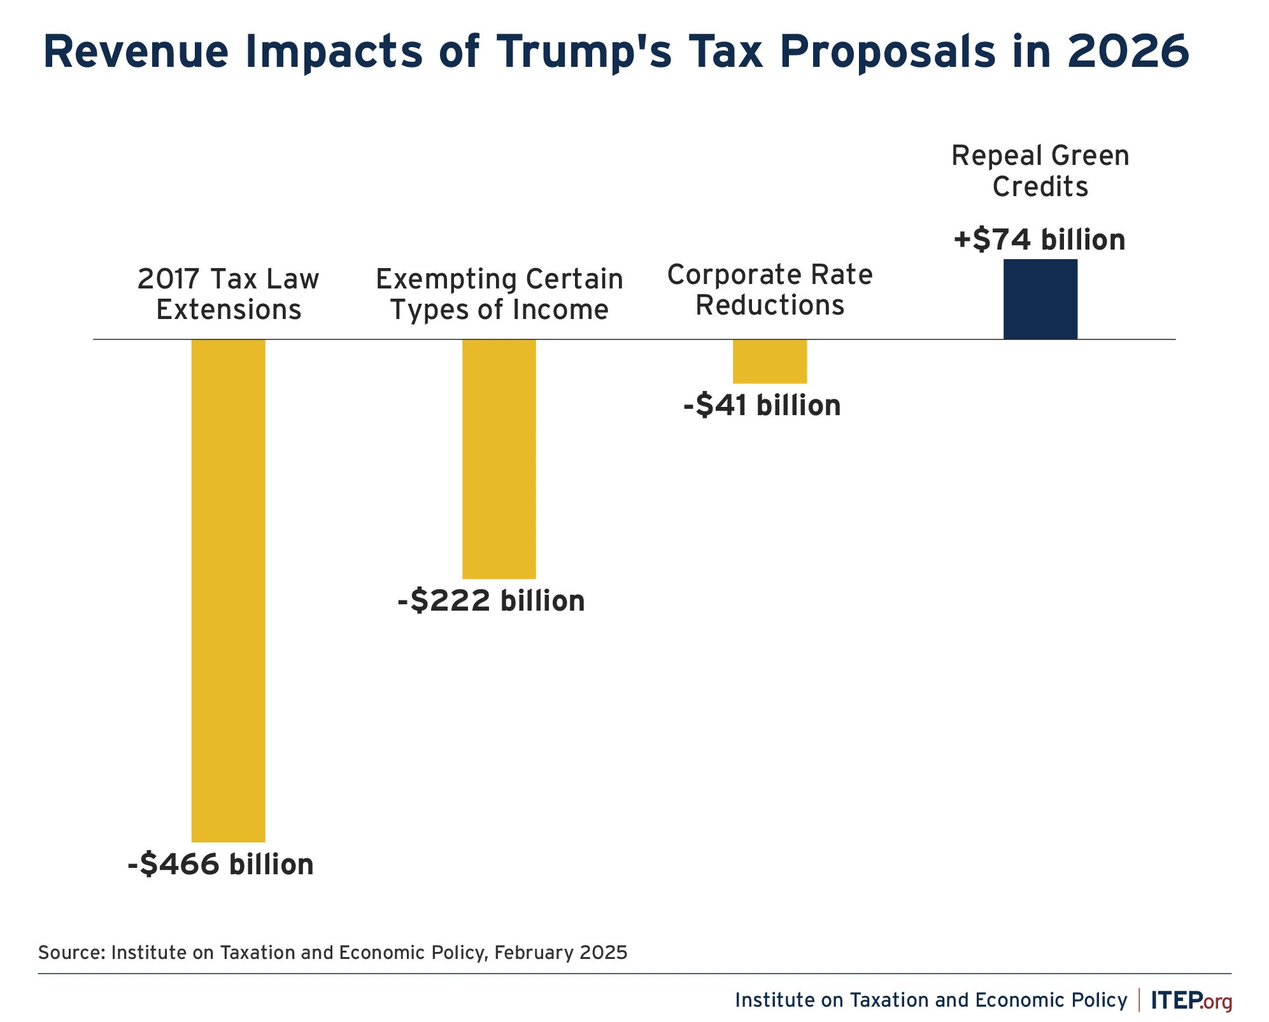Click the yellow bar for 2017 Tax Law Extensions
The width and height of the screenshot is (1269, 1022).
coord(228,590)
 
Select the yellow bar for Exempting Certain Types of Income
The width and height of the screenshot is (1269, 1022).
coord(499,458)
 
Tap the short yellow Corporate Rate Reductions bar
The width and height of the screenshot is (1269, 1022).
coord(769,361)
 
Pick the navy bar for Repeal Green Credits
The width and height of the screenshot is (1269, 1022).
coord(1040,299)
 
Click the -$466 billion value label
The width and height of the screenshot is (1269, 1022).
coord(220,864)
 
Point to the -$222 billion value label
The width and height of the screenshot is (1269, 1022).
coord(491,600)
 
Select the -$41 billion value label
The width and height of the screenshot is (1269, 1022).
coord(762,405)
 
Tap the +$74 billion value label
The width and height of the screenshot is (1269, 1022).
coord(1039,239)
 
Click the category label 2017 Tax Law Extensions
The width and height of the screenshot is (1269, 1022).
coord(228,294)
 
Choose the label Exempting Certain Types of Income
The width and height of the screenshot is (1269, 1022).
coord(499,294)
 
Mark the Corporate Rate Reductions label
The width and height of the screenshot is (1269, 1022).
coord(769,290)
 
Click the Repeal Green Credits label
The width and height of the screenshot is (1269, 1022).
coord(1040,171)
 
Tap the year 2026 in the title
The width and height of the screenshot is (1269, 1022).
coord(1128,52)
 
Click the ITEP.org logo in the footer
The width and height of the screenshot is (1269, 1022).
coord(1191,1000)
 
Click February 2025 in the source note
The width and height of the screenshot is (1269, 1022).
coord(560,953)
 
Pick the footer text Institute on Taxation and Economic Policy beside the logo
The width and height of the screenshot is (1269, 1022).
coord(930,1000)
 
